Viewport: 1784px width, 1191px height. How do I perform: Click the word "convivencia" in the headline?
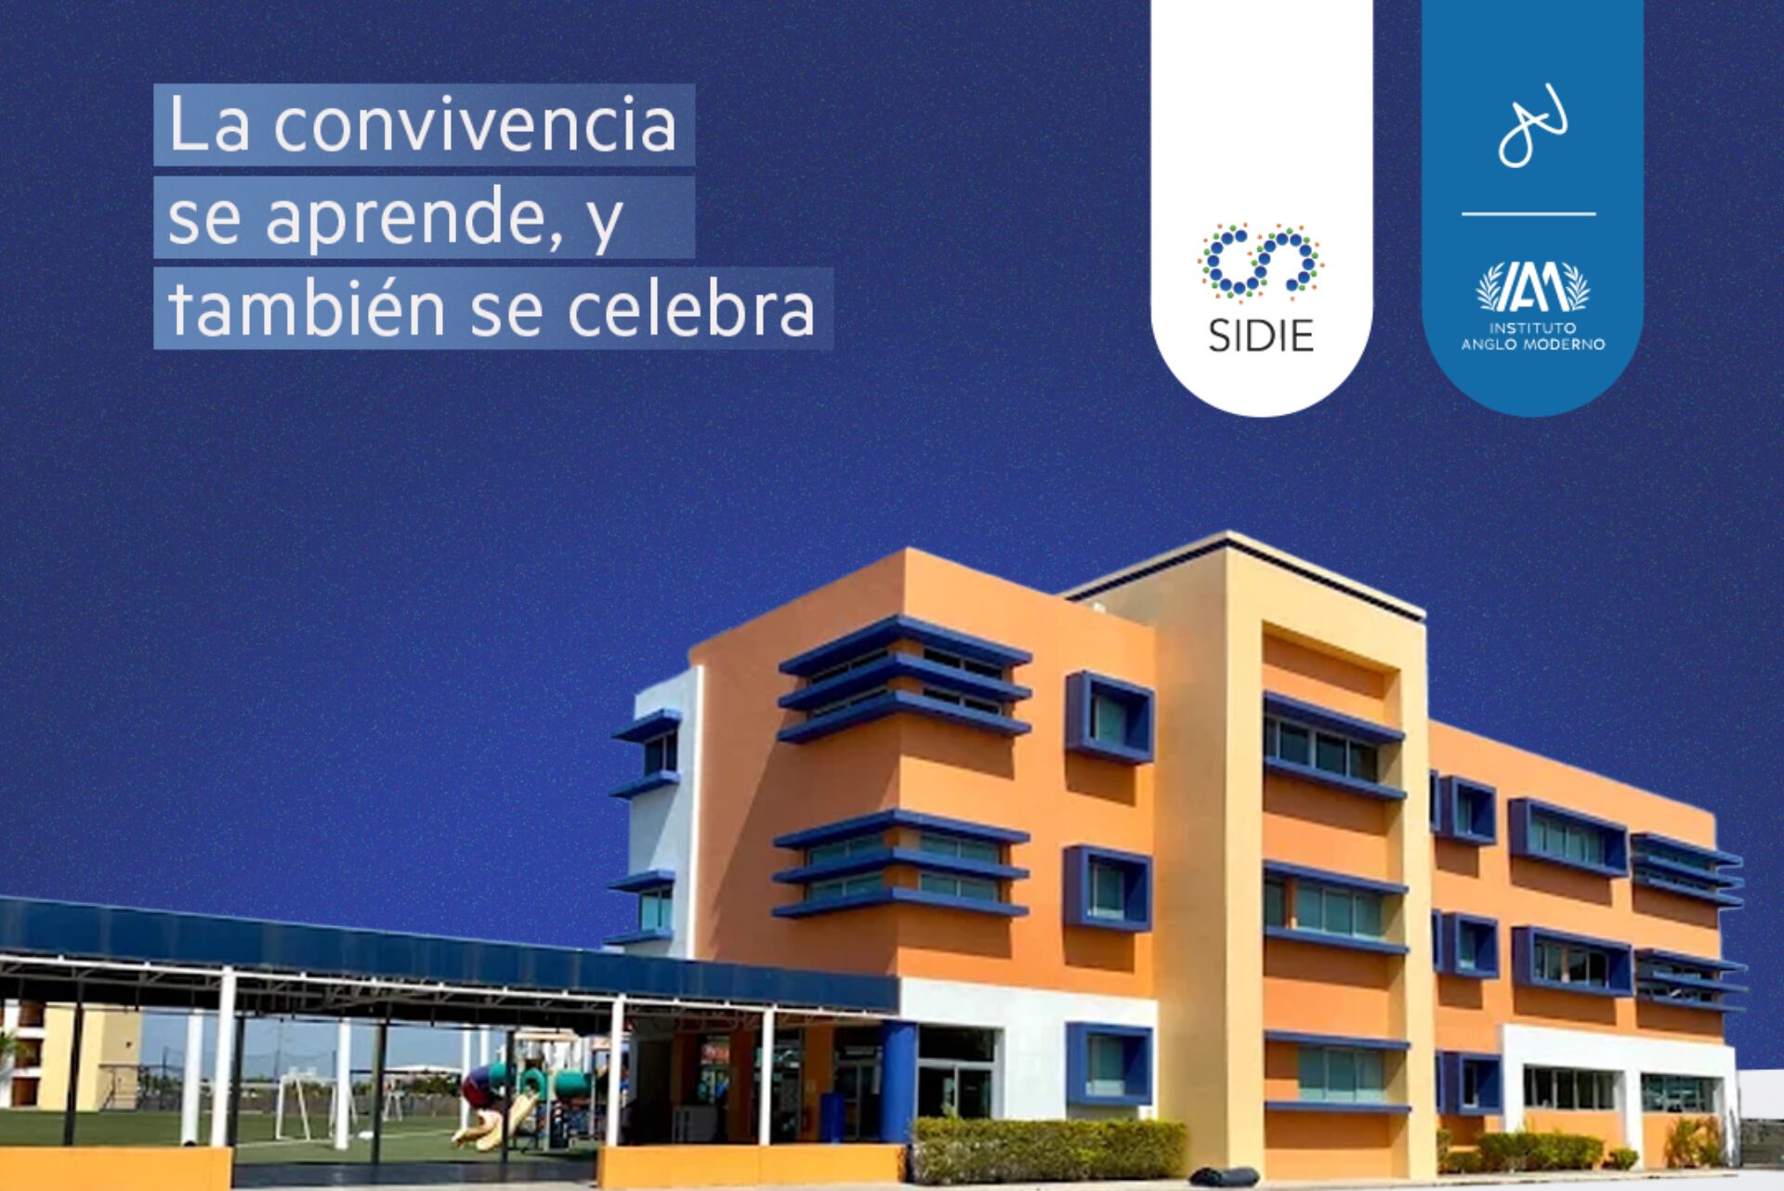coord(475,125)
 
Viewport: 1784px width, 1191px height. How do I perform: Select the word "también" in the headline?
coord(308,309)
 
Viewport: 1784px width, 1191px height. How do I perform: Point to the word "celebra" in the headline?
coord(691,309)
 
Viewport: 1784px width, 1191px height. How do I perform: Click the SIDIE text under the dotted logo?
coord(1261,335)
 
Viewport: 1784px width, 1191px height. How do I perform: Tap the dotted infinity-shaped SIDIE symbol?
coord(1261,263)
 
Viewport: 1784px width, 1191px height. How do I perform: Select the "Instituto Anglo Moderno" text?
coord(1533,336)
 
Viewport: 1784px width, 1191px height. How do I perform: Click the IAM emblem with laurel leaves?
coord(1533,287)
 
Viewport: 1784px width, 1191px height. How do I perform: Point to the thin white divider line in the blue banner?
coord(1528,214)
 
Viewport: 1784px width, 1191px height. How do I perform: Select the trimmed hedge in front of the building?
coord(1050,1149)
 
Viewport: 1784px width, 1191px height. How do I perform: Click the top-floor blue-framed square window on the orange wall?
coord(1110,716)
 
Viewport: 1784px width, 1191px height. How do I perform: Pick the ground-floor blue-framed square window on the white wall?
coord(1109,1064)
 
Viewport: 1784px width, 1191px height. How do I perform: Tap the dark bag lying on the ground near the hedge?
coord(1224,1176)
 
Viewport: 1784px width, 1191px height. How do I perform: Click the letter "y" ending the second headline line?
coord(606,223)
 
